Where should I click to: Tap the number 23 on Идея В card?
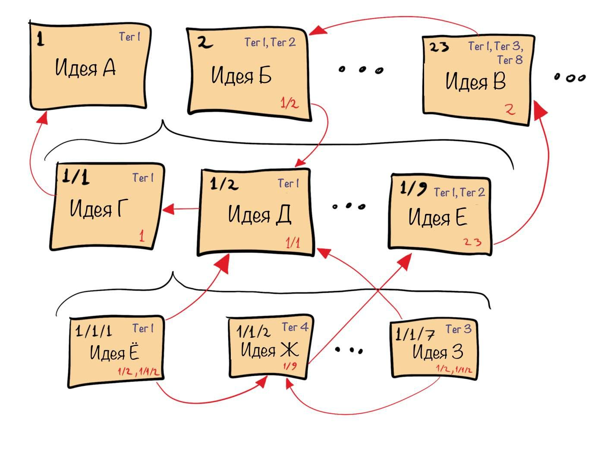(x=439, y=47)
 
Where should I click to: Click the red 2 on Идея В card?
(x=510, y=109)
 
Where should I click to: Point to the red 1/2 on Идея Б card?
(x=289, y=103)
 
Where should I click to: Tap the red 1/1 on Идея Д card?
(x=293, y=242)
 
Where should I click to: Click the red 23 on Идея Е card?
(x=472, y=242)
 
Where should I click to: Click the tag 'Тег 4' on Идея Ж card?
(x=295, y=327)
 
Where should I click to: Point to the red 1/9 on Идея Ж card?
(x=290, y=366)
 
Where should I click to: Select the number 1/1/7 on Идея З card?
(x=415, y=334)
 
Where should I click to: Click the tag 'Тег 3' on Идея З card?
(x=458, y=329)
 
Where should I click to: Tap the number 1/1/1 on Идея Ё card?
(x=93, y=331)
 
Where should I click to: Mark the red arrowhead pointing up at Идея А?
(x=42, y=116)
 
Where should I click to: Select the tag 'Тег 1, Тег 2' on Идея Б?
(x=270, y=42)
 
